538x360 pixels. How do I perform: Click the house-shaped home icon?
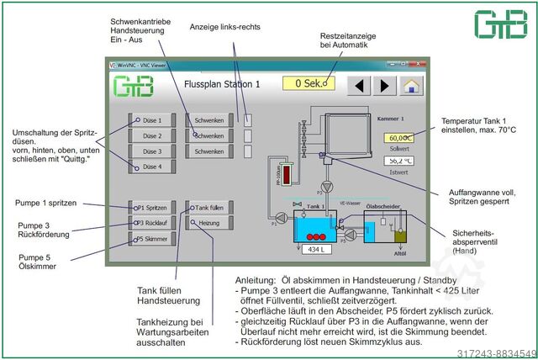(410, 85)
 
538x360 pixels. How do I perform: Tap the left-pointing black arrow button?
(360, 85)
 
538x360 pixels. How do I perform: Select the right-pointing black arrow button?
(384, 85)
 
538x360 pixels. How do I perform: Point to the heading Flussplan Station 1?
(222, 85)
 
